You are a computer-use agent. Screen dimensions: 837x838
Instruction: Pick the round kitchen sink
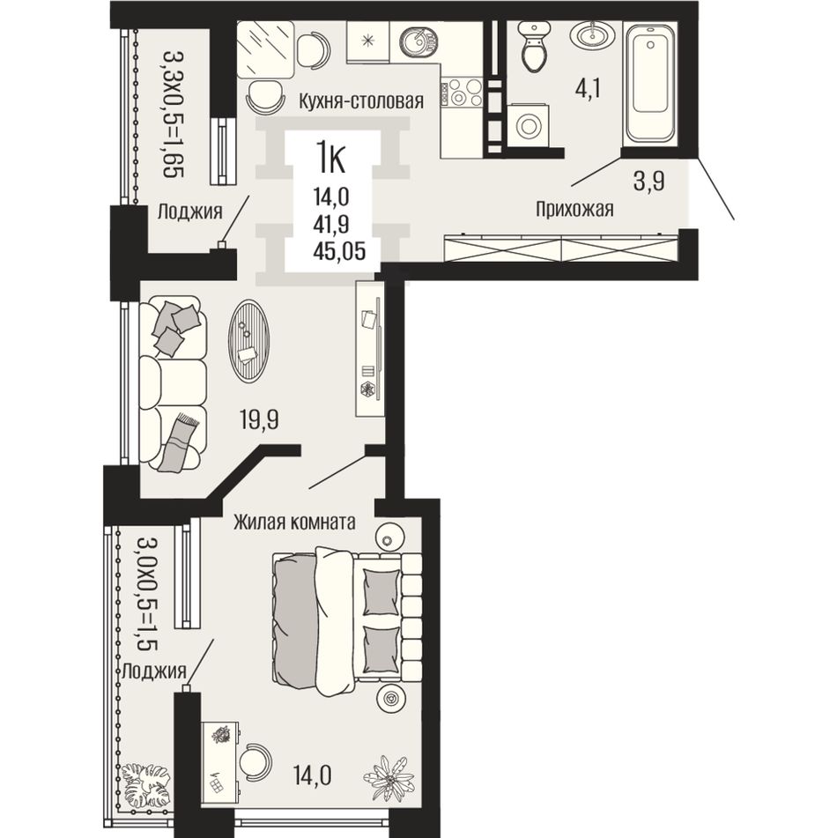click(x=419, y=41)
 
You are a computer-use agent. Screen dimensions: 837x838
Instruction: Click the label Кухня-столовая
click(x=361, y=100)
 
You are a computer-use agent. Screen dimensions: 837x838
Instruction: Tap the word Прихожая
click(x=574, y=209)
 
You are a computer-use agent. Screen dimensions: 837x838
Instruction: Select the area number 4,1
click(x=588, y=89)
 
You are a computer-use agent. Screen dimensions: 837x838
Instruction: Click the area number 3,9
click(x=648, y=182)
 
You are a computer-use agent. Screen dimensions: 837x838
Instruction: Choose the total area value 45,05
click(x=340, y=250)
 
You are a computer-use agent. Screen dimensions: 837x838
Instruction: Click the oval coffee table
click(x=248, y=340)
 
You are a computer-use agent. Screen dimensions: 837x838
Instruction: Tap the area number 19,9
click(x=259, y=420)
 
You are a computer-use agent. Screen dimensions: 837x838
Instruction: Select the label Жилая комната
click(x=294, y=522)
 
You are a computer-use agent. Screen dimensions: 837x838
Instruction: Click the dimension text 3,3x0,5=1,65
click(x=174, y=114)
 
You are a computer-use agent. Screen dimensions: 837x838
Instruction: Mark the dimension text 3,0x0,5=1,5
click(x=148, y=593)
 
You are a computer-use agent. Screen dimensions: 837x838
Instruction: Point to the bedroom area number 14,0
click(x=313, y=775)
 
